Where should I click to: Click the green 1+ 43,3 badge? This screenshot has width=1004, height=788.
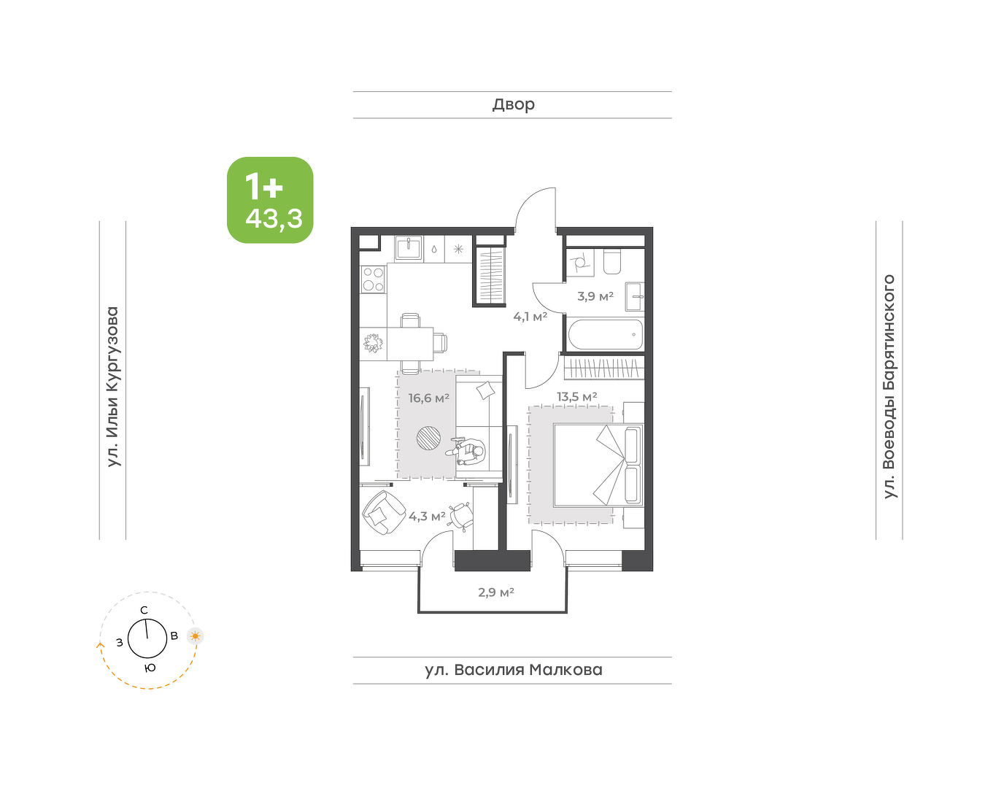click(x=270, y=200)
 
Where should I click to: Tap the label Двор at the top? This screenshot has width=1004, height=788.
click(x=514, y=105)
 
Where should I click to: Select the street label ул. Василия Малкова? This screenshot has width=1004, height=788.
click(x=514, y=670)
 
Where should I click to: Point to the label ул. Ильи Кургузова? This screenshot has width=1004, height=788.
click(x=113, y=387)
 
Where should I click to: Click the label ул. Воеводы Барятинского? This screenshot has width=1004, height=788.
click(x=889, y=387)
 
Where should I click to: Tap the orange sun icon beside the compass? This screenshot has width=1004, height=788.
click(x=196, y=636)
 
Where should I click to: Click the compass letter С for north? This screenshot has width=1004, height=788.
click(x=144, y=610)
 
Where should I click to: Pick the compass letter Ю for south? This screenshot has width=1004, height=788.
click(x=150, y=668)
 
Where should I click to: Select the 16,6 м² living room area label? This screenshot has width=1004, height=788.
click(x=429, y=398)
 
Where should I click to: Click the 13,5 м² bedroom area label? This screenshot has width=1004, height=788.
click(x=576, y=396)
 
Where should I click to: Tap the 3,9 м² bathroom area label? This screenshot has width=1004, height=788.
click(x=595, y=296)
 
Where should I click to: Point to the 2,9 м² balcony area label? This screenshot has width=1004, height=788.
click(x=496, y=592)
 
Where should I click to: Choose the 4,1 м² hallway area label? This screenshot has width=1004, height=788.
click(x=530, y=317)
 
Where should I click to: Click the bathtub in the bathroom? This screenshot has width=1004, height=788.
click(x=606, y=335)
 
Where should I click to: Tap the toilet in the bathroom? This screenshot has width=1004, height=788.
click(x=612, y=262)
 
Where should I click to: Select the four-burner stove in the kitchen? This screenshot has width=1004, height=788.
click(x=374, y=279)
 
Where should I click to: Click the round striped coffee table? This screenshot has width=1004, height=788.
click(x=428, y=438)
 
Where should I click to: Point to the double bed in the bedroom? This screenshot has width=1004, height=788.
click(x=598, y=465)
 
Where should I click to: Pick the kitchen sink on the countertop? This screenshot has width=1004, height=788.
click(x=409, y=249)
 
